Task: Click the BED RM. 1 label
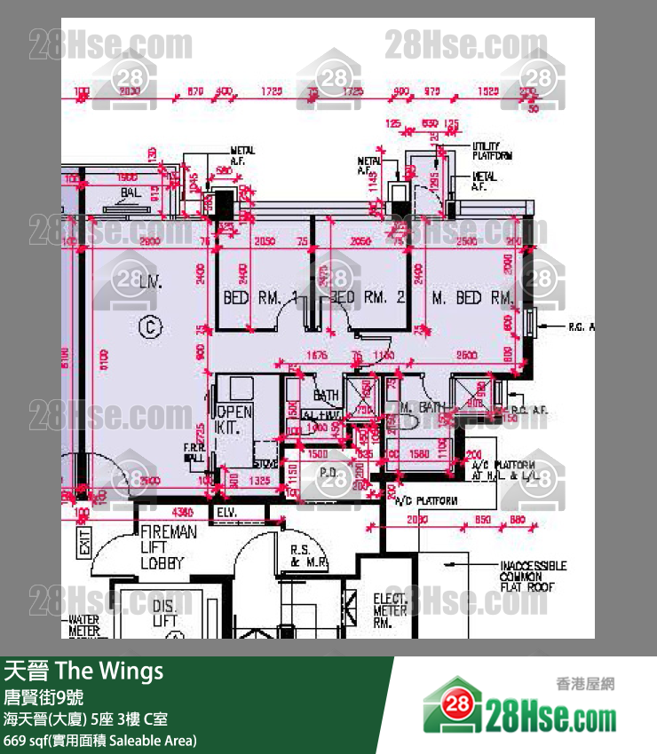(258, 298)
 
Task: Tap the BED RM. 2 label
(368, 298)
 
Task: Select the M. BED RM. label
(472, 298)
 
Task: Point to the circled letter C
(151, 327)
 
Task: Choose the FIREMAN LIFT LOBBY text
(168, 547)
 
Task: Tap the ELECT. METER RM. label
(390, 610)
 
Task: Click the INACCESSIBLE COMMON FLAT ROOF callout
(532, 577)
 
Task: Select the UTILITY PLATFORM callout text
(492, 151)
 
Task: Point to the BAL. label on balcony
(131, 192)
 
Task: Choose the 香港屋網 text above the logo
(584, 684)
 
